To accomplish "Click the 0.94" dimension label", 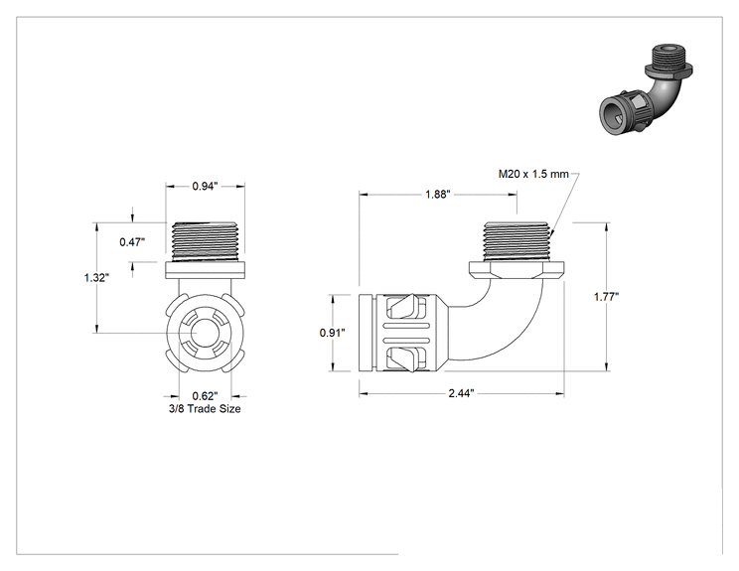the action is click(x=205, y=187).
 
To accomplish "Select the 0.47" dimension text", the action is click(x=132, y=242).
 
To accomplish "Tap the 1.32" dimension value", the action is click(x=96, y=277).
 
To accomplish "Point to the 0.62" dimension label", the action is click(x=205, y=396).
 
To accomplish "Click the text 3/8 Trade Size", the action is click(x=205, y=409).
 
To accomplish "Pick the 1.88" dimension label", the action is click(x=438, y=194).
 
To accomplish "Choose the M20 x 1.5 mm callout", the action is click(x=533, y=175).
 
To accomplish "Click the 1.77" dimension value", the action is click(x=606, y=297).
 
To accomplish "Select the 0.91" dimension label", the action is click(x=333, y=333).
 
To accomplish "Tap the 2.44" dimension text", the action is click(x=461, y=393).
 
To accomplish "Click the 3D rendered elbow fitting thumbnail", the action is click(x=646, y=92).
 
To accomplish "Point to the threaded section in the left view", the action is click(x=205, y=241).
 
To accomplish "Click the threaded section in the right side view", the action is click(x=517, y=241).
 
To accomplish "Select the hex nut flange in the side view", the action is click(x=517, y=270).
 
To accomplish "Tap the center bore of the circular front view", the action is click(x=205, y=333).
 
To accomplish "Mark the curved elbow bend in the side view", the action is click(x=509, y=325).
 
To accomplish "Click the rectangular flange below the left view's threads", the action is click(x=205, y=270).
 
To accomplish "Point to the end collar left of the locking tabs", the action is click(x=368, y=333).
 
